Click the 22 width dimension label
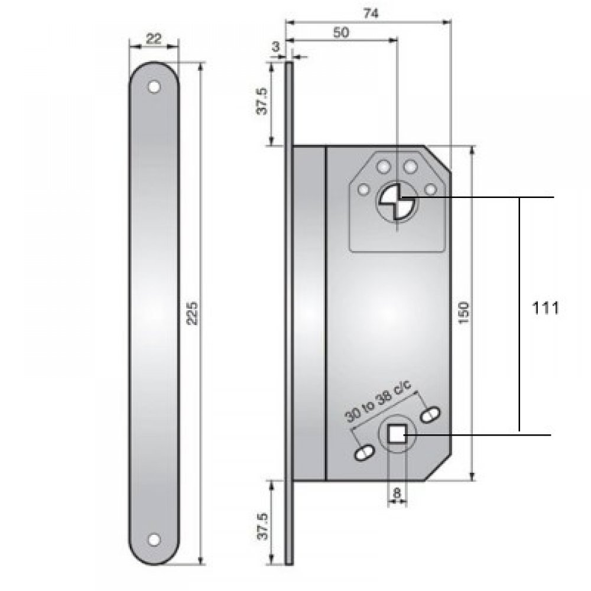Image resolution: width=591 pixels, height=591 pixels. [154, 39]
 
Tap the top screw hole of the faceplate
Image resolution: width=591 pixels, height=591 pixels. [154, 87]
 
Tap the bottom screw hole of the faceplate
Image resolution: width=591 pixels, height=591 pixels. [154, 539]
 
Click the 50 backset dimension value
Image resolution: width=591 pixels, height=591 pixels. [340, 33]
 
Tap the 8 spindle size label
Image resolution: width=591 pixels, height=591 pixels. [397, 491]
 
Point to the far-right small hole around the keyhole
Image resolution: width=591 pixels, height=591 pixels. [431, 189]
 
